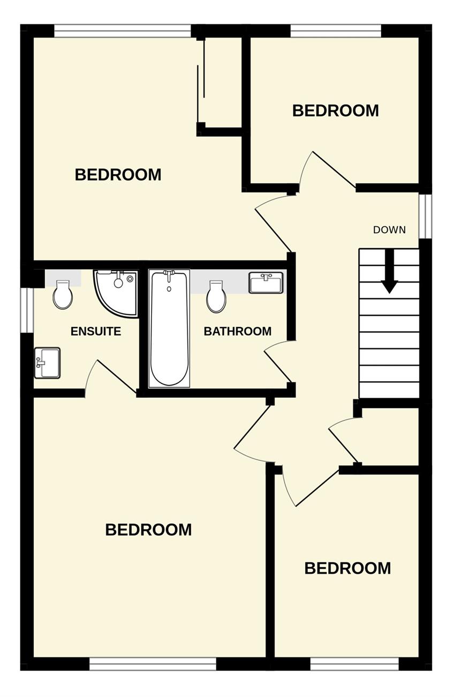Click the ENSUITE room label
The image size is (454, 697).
96,331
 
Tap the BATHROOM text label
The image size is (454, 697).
237,331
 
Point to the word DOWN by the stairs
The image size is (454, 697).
389,230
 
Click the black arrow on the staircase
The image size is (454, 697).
389,271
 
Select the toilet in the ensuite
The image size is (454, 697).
63,294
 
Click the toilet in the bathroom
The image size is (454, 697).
216,296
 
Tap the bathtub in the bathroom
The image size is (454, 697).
169,329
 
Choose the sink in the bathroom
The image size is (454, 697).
266,283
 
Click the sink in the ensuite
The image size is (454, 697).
47,363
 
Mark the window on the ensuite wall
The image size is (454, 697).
27,310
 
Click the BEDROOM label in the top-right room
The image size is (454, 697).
336,111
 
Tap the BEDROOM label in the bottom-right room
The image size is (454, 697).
347,568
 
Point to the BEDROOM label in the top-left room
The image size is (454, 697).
118,175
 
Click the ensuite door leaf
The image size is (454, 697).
117,376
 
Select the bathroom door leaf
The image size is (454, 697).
277,366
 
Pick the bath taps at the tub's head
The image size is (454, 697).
169,274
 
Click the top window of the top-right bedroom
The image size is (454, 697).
336,31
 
